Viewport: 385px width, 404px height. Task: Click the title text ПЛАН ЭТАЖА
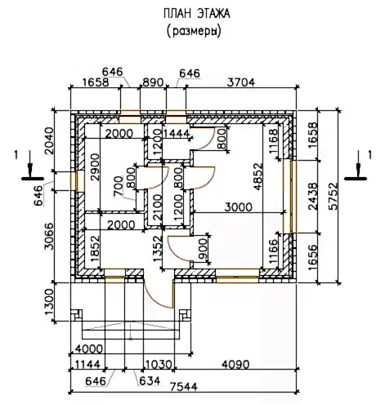(x=197, y=14)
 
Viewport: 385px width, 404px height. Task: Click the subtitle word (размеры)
(x=194, y=31)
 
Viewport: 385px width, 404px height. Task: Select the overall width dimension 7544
(x=184, y=387)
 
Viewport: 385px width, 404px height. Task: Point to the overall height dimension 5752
(x=333, y=197)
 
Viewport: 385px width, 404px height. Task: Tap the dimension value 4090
(x=235, y=364)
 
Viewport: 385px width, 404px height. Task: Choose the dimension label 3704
(x=241, y=82)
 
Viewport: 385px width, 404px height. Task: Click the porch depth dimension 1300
(x=49, y=302)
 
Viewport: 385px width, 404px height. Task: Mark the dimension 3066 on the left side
(x=49, y=237)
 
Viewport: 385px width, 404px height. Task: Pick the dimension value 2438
(x=313, y=196)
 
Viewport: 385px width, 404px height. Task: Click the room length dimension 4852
(x=257, y=176)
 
